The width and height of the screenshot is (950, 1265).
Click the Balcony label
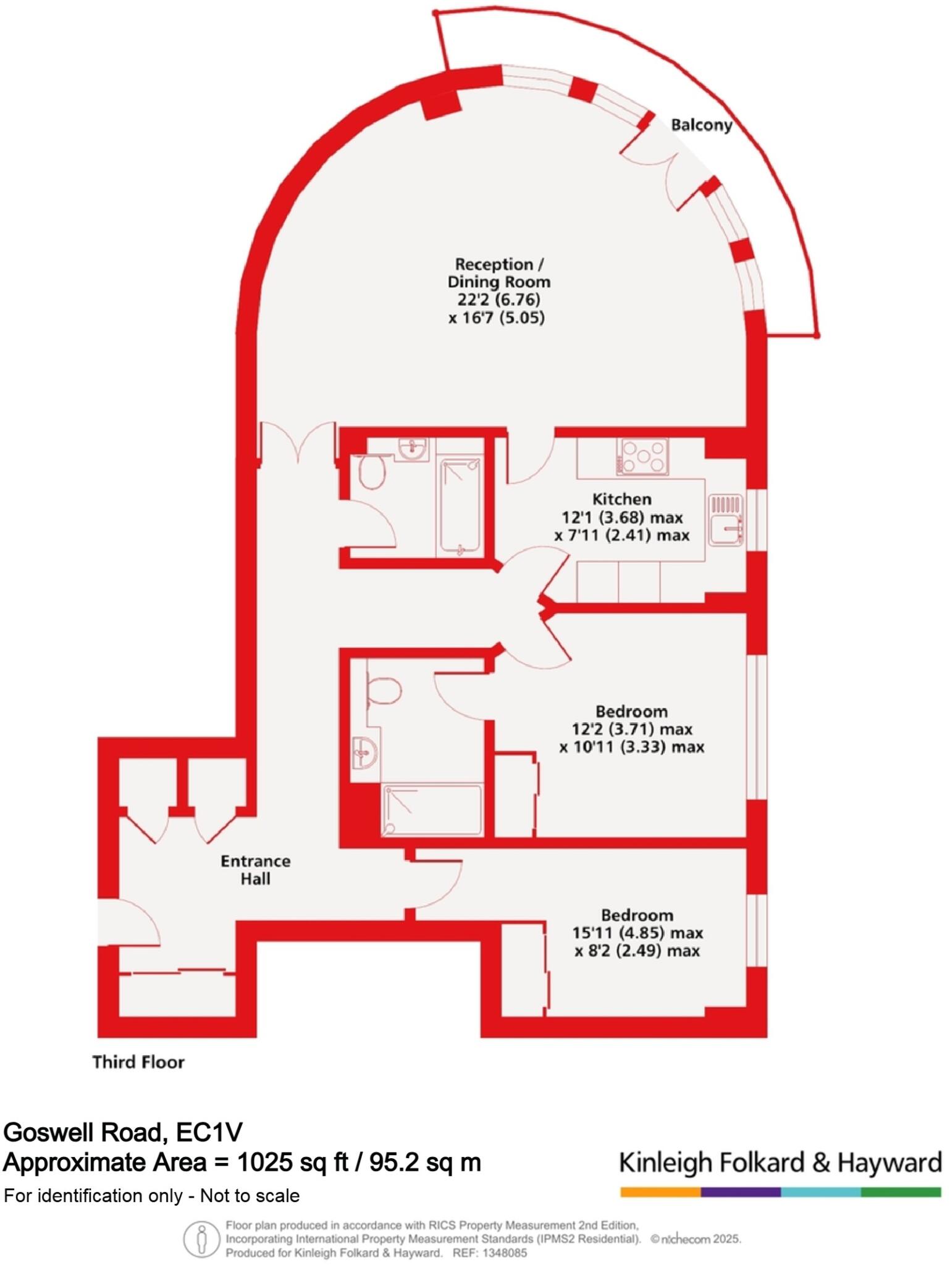pos(701,125)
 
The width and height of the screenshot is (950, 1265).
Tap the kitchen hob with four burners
pos(642,456)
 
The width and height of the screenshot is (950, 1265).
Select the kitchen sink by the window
pos(726,519)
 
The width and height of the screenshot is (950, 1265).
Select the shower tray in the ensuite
pos(431,810)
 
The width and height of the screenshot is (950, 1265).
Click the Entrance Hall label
pos(255,869)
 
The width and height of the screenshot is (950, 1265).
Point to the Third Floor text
pos(138,1062)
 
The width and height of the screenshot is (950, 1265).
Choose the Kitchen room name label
pos(621,498)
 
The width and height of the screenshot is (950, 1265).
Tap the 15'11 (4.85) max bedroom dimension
pos(636,933)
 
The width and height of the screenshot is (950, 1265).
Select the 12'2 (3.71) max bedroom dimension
pos(631,729)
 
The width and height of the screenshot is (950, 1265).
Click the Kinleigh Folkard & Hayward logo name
pos(780,1162)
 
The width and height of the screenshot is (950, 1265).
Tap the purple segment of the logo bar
pos(740,1192)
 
